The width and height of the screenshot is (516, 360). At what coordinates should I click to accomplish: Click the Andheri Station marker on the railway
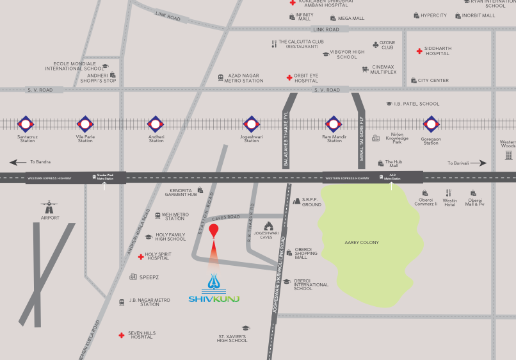tap(156, 124)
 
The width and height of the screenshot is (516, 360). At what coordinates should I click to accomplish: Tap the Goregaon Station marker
tap(431, 124)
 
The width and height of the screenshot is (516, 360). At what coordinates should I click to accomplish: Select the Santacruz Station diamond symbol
tap(26, 124)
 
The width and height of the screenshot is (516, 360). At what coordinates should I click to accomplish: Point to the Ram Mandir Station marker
tap(334, 124)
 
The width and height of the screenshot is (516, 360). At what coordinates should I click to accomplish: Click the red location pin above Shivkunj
tap(214, 233)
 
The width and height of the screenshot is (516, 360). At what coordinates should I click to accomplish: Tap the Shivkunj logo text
tap(214, 299)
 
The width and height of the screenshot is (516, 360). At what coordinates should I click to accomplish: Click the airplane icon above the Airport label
tap(49, 207)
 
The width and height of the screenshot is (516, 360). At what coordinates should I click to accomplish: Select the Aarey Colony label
tap(362, 243)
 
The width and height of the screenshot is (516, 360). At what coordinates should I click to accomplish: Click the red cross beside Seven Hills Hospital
tap(121, 335)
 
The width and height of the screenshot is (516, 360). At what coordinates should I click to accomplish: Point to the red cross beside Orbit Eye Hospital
tap(289, 78)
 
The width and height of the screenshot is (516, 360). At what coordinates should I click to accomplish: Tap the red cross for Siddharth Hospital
tap(419, 51)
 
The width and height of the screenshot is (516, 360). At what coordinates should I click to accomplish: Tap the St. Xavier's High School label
tap(232, 338)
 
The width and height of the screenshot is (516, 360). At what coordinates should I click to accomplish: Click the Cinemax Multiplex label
tap(383, 69)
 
